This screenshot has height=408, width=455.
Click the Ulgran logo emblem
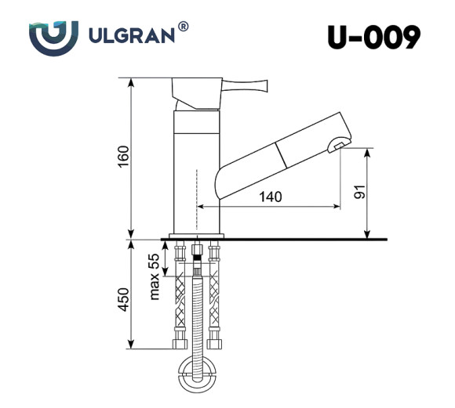(x=53, y=37)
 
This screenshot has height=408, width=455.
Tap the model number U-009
(x=374, y=37)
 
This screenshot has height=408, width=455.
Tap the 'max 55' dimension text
(x=155, y=276)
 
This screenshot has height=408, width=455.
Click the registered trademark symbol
(x=183, y=27)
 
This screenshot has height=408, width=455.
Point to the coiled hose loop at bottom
(x=196, y=372)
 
